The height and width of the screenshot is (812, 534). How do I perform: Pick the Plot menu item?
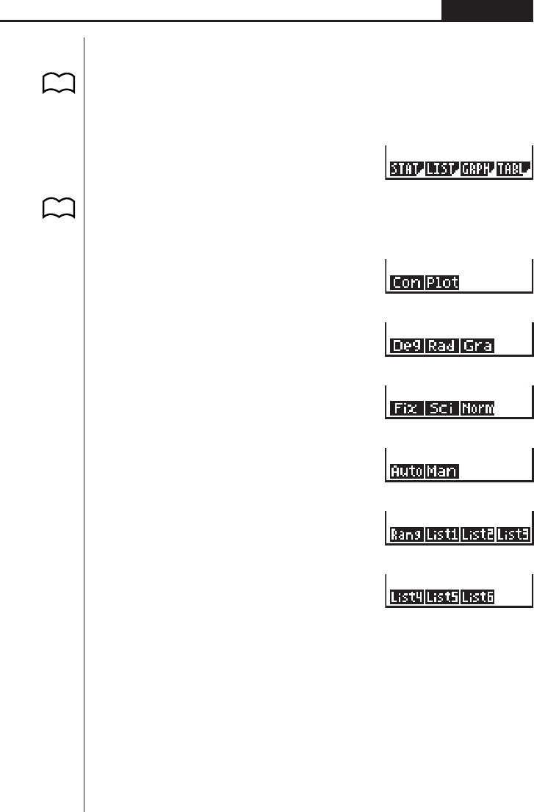click(442, 283)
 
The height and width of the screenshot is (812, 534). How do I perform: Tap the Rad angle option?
click(442, 346)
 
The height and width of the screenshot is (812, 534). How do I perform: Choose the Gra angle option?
click(477, 346)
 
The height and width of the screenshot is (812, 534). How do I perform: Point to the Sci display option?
click(442, 408)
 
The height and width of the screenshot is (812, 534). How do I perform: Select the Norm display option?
click(477, 408)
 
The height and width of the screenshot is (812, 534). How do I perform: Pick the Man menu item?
click(442, 471)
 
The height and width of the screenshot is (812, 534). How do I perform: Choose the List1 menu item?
click(442, 534)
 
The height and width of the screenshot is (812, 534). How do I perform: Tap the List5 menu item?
click(442, 598)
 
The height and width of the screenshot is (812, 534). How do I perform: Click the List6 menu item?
click(477, 598)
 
